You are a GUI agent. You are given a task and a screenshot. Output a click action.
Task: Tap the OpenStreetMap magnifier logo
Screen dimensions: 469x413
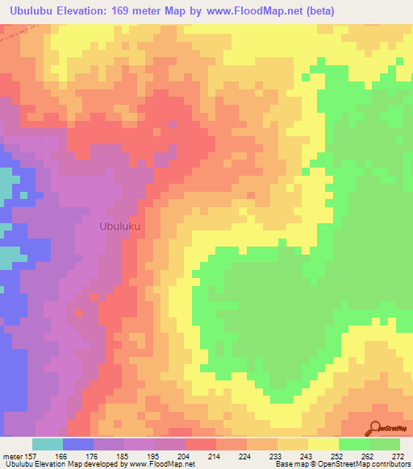coord(375,428)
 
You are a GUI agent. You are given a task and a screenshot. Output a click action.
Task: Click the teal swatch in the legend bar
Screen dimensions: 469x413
coord(48,444)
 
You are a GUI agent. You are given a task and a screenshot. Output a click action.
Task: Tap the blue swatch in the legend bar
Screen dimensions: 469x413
coord(78,444)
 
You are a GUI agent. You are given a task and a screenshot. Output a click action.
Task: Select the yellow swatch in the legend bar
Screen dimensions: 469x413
coord(323,444)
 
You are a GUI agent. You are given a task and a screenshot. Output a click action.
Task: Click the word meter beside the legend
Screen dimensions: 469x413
coord(12,456)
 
